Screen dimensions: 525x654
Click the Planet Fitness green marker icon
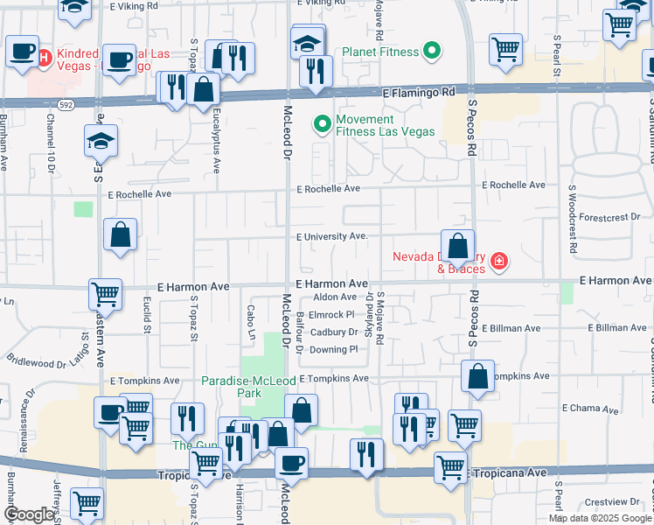[431, 52]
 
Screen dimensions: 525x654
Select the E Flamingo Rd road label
[418, 91]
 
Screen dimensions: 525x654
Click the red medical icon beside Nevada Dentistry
[498, 261]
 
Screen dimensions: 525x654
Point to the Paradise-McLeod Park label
[243, 388]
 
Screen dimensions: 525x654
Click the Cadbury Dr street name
[334, 332]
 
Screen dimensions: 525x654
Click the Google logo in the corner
[29, 514]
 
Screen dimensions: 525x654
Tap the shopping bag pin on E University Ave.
[457, 246]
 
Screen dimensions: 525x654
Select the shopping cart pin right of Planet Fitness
[505, 49]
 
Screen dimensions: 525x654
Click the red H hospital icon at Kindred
[44, 58]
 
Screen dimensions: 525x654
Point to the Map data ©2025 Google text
[599, 518]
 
